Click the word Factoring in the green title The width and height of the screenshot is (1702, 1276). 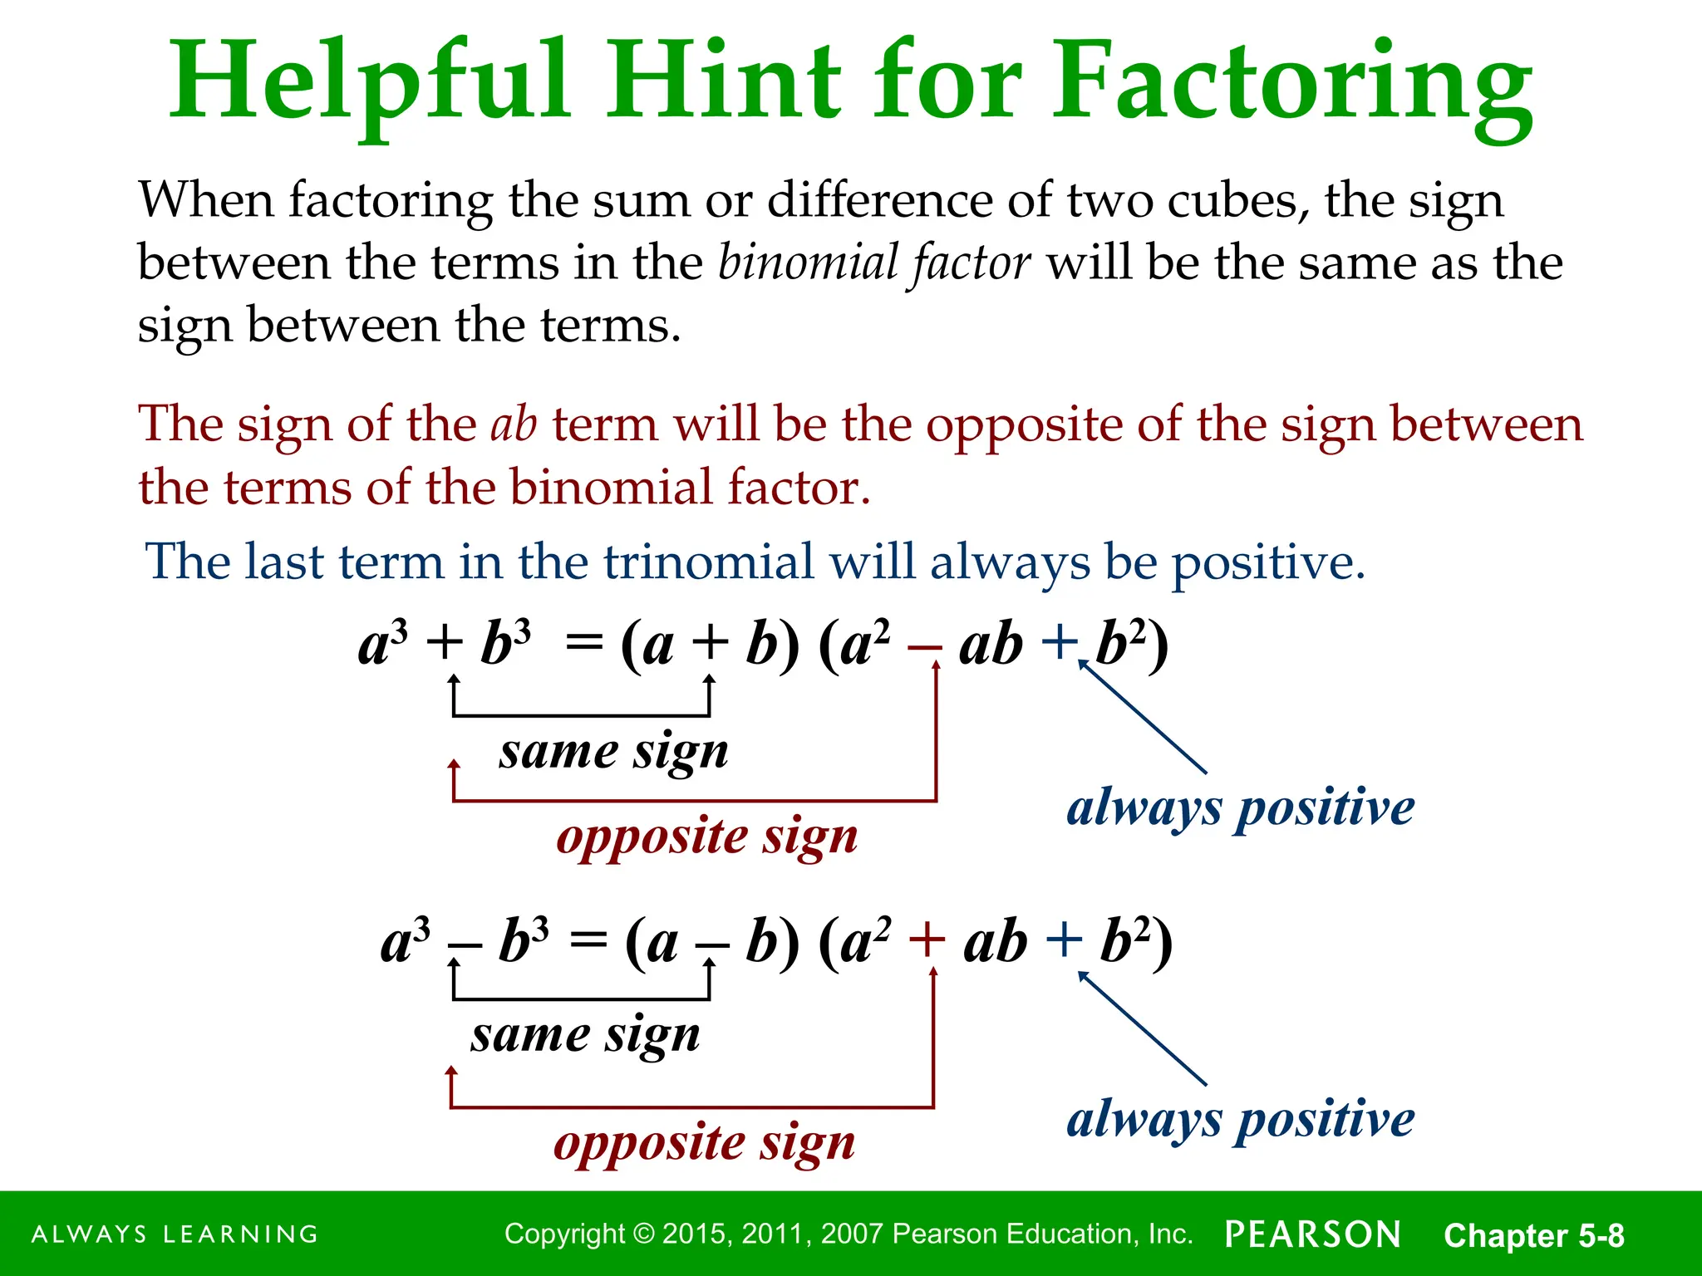click(1292, 83)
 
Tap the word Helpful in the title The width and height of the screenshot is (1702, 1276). click(370, 83)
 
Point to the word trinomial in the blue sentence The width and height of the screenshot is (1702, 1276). click(708, 562)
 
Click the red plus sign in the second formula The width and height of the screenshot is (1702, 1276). click(927, 942)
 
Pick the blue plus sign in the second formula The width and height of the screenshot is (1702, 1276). click(1064, 942)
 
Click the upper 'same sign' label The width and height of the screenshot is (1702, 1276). click(613, 753)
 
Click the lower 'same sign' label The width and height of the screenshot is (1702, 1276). click(585, 1036)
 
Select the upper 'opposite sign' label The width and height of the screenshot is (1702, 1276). click(706, 837)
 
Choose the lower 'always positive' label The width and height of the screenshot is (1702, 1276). click(1240, 1119)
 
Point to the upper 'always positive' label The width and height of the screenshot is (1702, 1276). click(1240, 807)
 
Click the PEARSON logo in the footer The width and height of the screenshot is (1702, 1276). click(1313, 1234)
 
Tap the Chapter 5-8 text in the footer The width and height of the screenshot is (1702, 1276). click(1533, 1235)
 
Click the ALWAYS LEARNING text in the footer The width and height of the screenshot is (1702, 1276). click(175, 1234)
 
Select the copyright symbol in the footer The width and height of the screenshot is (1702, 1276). click(644, 1234)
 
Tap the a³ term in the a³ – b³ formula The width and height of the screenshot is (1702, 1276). click(405, 942)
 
